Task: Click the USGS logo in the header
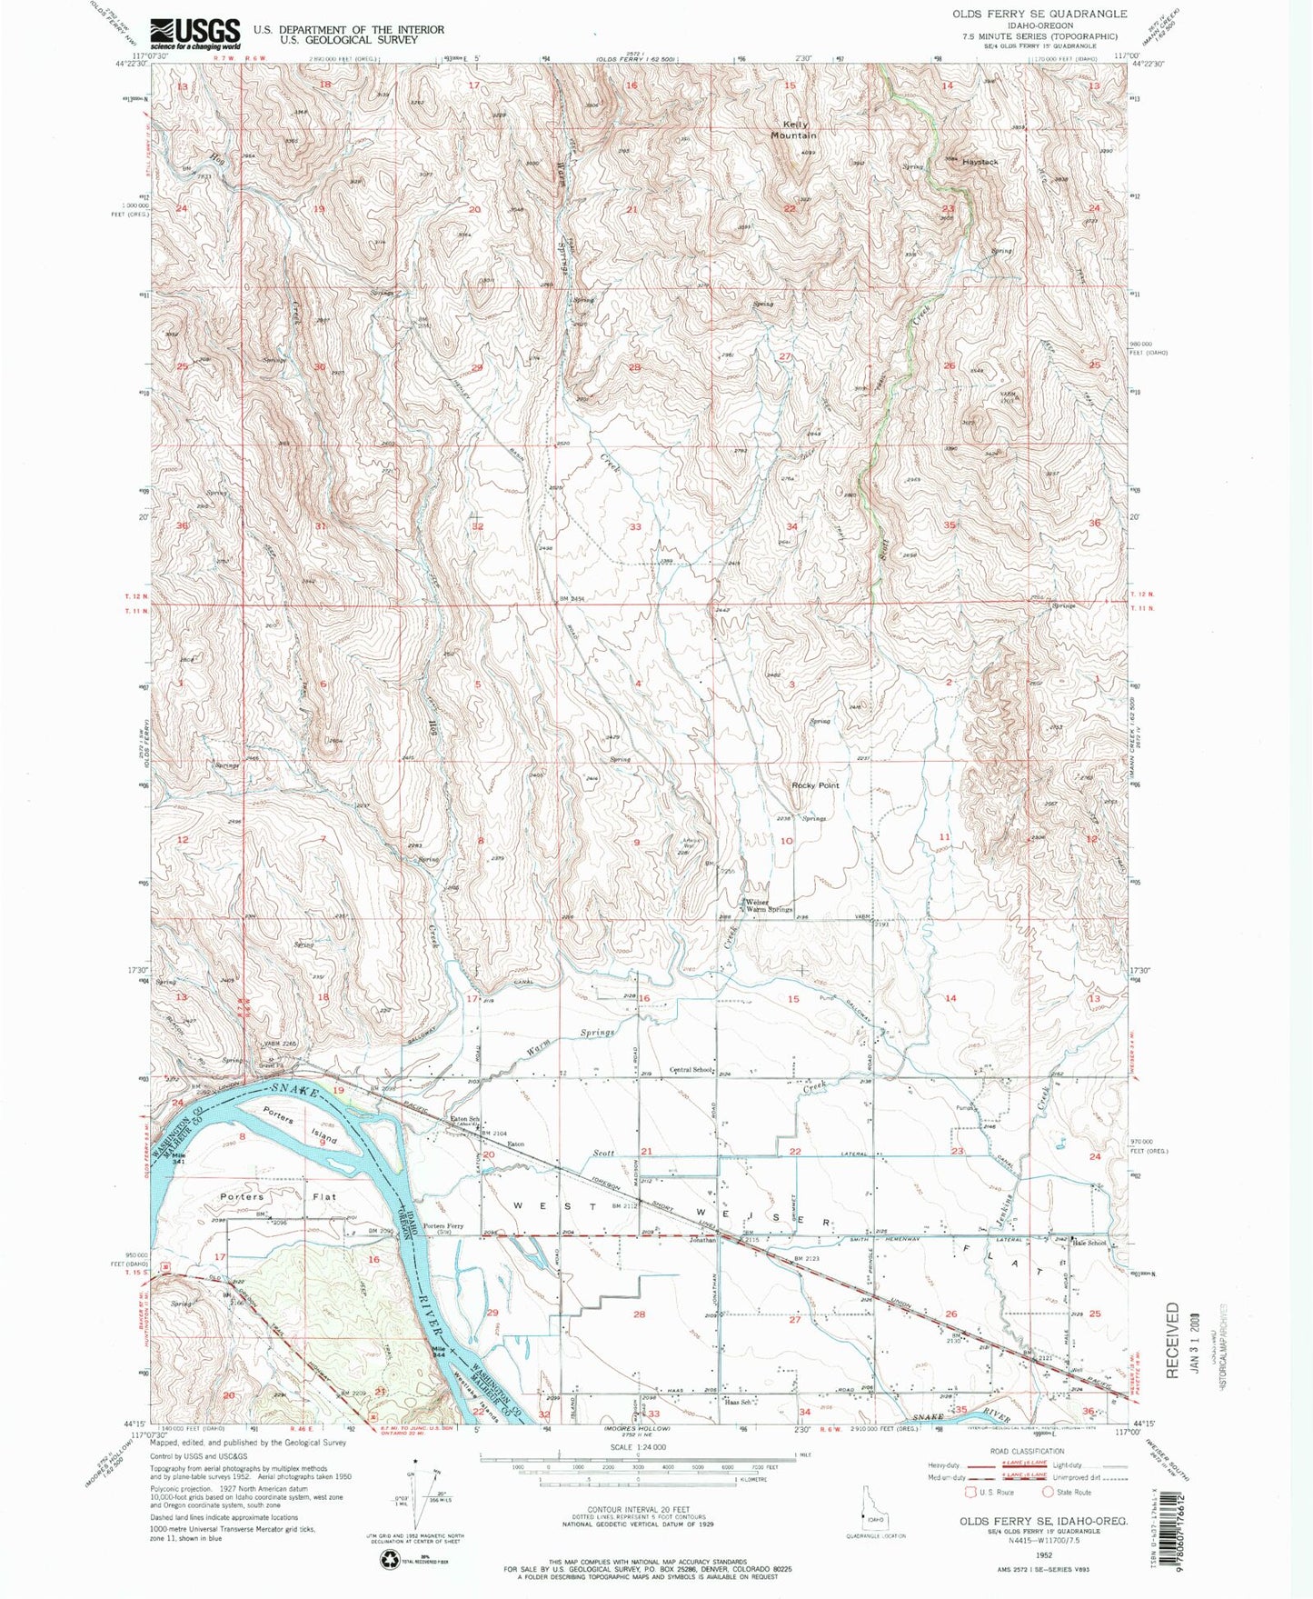pyautogui.click(x=195, y=34)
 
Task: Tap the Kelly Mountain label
pyautogui.click(x=793, y=130)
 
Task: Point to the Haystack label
pyautogui.click(x=980, y=162)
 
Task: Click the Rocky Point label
pyautogui.click(x=815, y=785)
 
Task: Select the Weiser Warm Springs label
pyautogui.click(x=769, y=905)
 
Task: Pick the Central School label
pyautogui.click(x=691, y=1070)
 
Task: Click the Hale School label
pyautogui.click(x=1089, y=1243)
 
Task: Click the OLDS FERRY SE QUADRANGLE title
pyautogui.click(x=1039, y=14)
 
